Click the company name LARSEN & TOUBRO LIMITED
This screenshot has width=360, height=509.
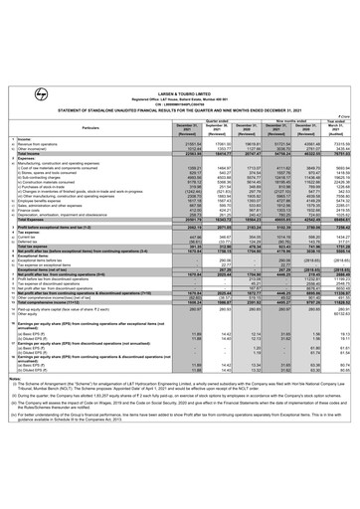click(180, 6)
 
